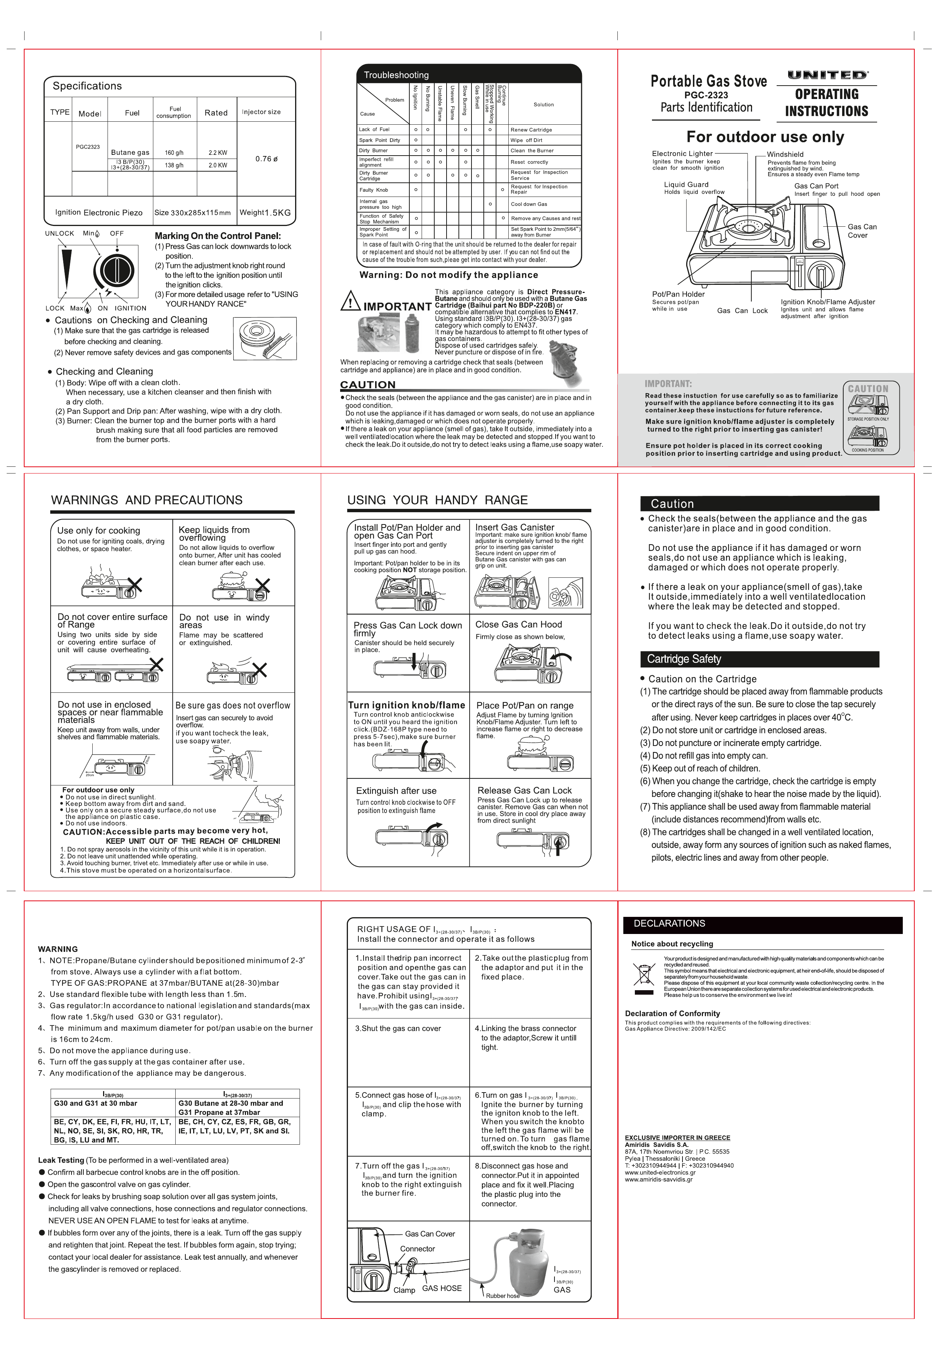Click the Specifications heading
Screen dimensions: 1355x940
tap(87, 86)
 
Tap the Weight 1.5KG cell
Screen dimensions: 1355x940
tap(265, 213)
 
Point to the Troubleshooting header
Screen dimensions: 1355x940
tap(396, 75)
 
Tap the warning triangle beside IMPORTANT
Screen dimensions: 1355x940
tap(351, 301)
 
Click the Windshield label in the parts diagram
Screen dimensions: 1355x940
tap(785, 154)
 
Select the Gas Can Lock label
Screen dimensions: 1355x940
tap(742, 310)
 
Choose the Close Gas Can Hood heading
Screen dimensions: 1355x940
tap(518, 625)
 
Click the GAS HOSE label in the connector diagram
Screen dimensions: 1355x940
tap(442, 1288)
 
